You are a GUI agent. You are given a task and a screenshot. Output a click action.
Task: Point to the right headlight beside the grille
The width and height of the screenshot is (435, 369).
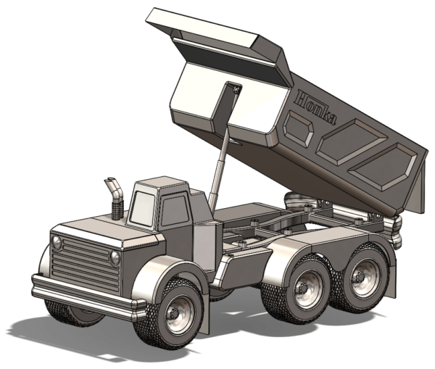[115, 258]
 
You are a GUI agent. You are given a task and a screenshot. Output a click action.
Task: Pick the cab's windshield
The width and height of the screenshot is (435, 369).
[143, 206]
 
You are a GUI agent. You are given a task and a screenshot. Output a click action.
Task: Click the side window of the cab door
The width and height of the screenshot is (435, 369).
[175, 210]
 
